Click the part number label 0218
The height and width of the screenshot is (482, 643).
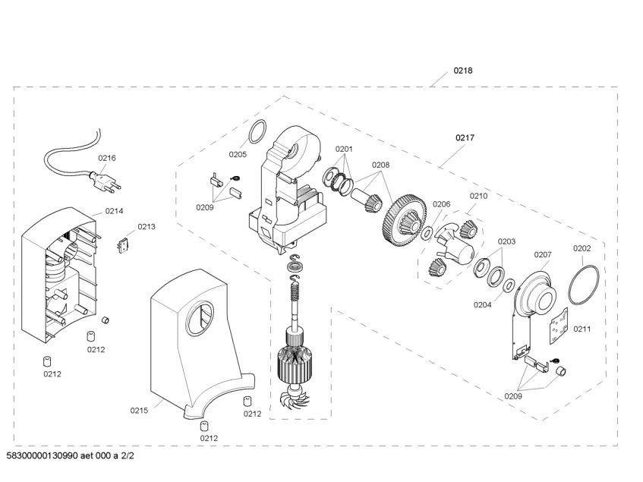tap(462, 71)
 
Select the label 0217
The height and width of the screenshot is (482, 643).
tap(465, 137)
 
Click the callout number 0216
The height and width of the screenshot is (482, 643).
tap(106, 158)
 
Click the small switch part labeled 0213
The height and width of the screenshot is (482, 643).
tap(123, 247)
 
